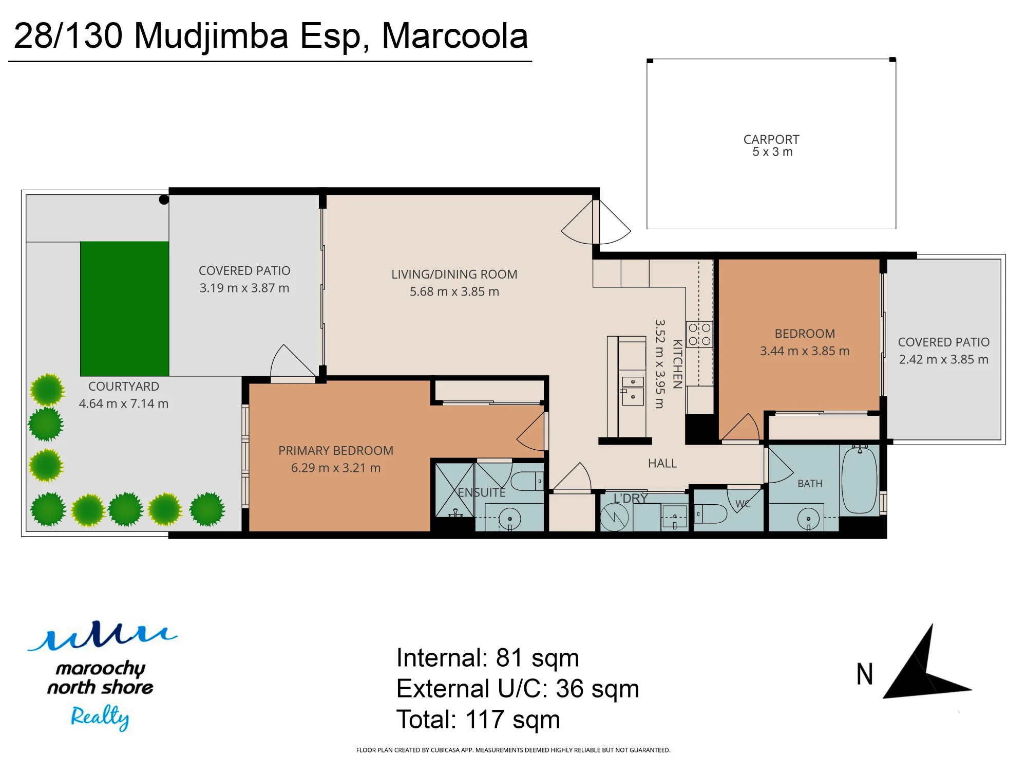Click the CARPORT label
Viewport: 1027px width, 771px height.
coord(771,139)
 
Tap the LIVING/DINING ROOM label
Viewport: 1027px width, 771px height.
coord(454,274)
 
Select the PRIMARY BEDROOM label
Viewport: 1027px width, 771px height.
coord(336,450)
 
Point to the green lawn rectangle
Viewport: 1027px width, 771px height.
coord(125,308)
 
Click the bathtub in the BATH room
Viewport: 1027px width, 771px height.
coord(860,480)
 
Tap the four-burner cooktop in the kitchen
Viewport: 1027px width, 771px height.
coord(699,334)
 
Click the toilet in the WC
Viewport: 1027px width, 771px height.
coord(711,513)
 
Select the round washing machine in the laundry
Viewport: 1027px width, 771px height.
coord(615,517)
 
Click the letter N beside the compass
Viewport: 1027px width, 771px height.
coord(865,674)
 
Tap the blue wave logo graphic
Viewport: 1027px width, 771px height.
coord(102,636)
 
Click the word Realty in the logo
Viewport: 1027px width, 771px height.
coord(100,717)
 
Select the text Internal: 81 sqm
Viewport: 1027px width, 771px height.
coord(487,658)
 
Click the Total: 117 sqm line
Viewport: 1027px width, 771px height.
coord(478,720)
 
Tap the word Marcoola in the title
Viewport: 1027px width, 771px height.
coord(455,36)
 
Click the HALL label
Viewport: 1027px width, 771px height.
coord(662,464)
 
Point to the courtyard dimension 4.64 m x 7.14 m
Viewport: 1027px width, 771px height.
coord(124,403)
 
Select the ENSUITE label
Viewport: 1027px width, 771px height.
coord(482,492)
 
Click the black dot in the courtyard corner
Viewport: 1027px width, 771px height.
coord(164,200)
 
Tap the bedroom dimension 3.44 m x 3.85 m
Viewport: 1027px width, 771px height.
coord(805,351)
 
